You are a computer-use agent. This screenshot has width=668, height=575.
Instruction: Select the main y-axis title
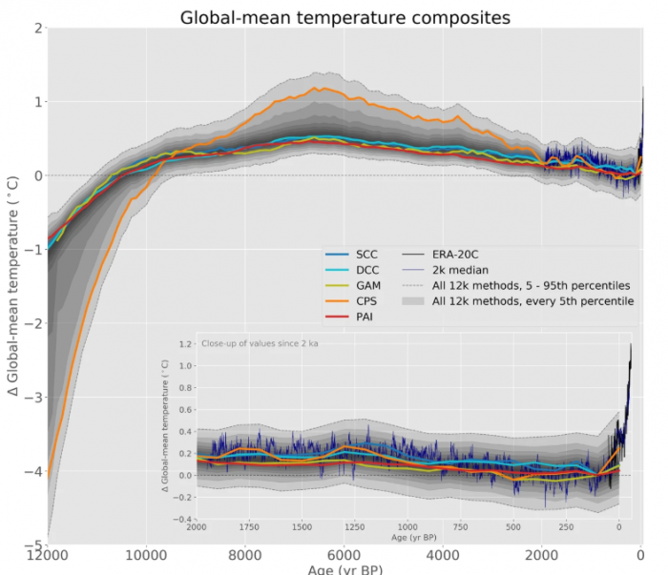click(x=13, y=286)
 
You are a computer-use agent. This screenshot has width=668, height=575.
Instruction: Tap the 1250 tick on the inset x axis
click(x=356, y=527)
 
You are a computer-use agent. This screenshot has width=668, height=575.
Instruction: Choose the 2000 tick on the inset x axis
click(x=198, y=527)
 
